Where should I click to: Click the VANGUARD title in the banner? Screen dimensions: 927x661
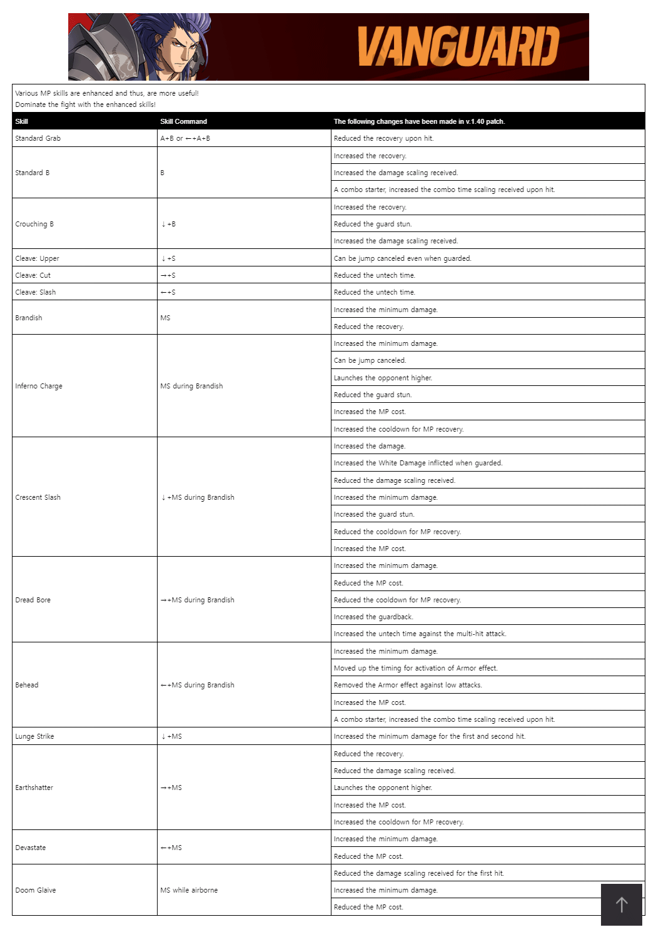point(458,47)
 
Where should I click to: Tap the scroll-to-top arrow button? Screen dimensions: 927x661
point(621,904)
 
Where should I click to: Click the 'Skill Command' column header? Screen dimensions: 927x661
point(183,121)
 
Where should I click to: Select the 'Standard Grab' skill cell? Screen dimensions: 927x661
point(38,138)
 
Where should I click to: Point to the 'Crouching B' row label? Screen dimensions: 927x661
point(34,224)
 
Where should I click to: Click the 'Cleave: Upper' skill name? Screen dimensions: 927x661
point(37,258)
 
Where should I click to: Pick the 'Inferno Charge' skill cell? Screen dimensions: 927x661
point(39,386)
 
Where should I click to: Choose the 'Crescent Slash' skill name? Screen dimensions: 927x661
point(38,497)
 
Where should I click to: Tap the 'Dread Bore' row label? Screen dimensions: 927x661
point(33,600)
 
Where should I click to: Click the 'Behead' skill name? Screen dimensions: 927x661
point(27,685)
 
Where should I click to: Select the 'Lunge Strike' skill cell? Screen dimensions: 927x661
point(35,736)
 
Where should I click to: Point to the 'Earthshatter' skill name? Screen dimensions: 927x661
point(34,788)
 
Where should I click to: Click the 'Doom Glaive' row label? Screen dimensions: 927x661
point(36,890)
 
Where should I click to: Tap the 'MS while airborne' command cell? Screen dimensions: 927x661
point(189,890)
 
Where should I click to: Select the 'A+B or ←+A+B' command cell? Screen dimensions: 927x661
point(185,138)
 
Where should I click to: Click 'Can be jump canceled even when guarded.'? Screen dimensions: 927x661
point(402,258)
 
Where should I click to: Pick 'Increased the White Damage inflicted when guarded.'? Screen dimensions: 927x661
point(418,463)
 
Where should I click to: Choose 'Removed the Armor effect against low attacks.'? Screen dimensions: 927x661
point(408,685)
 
